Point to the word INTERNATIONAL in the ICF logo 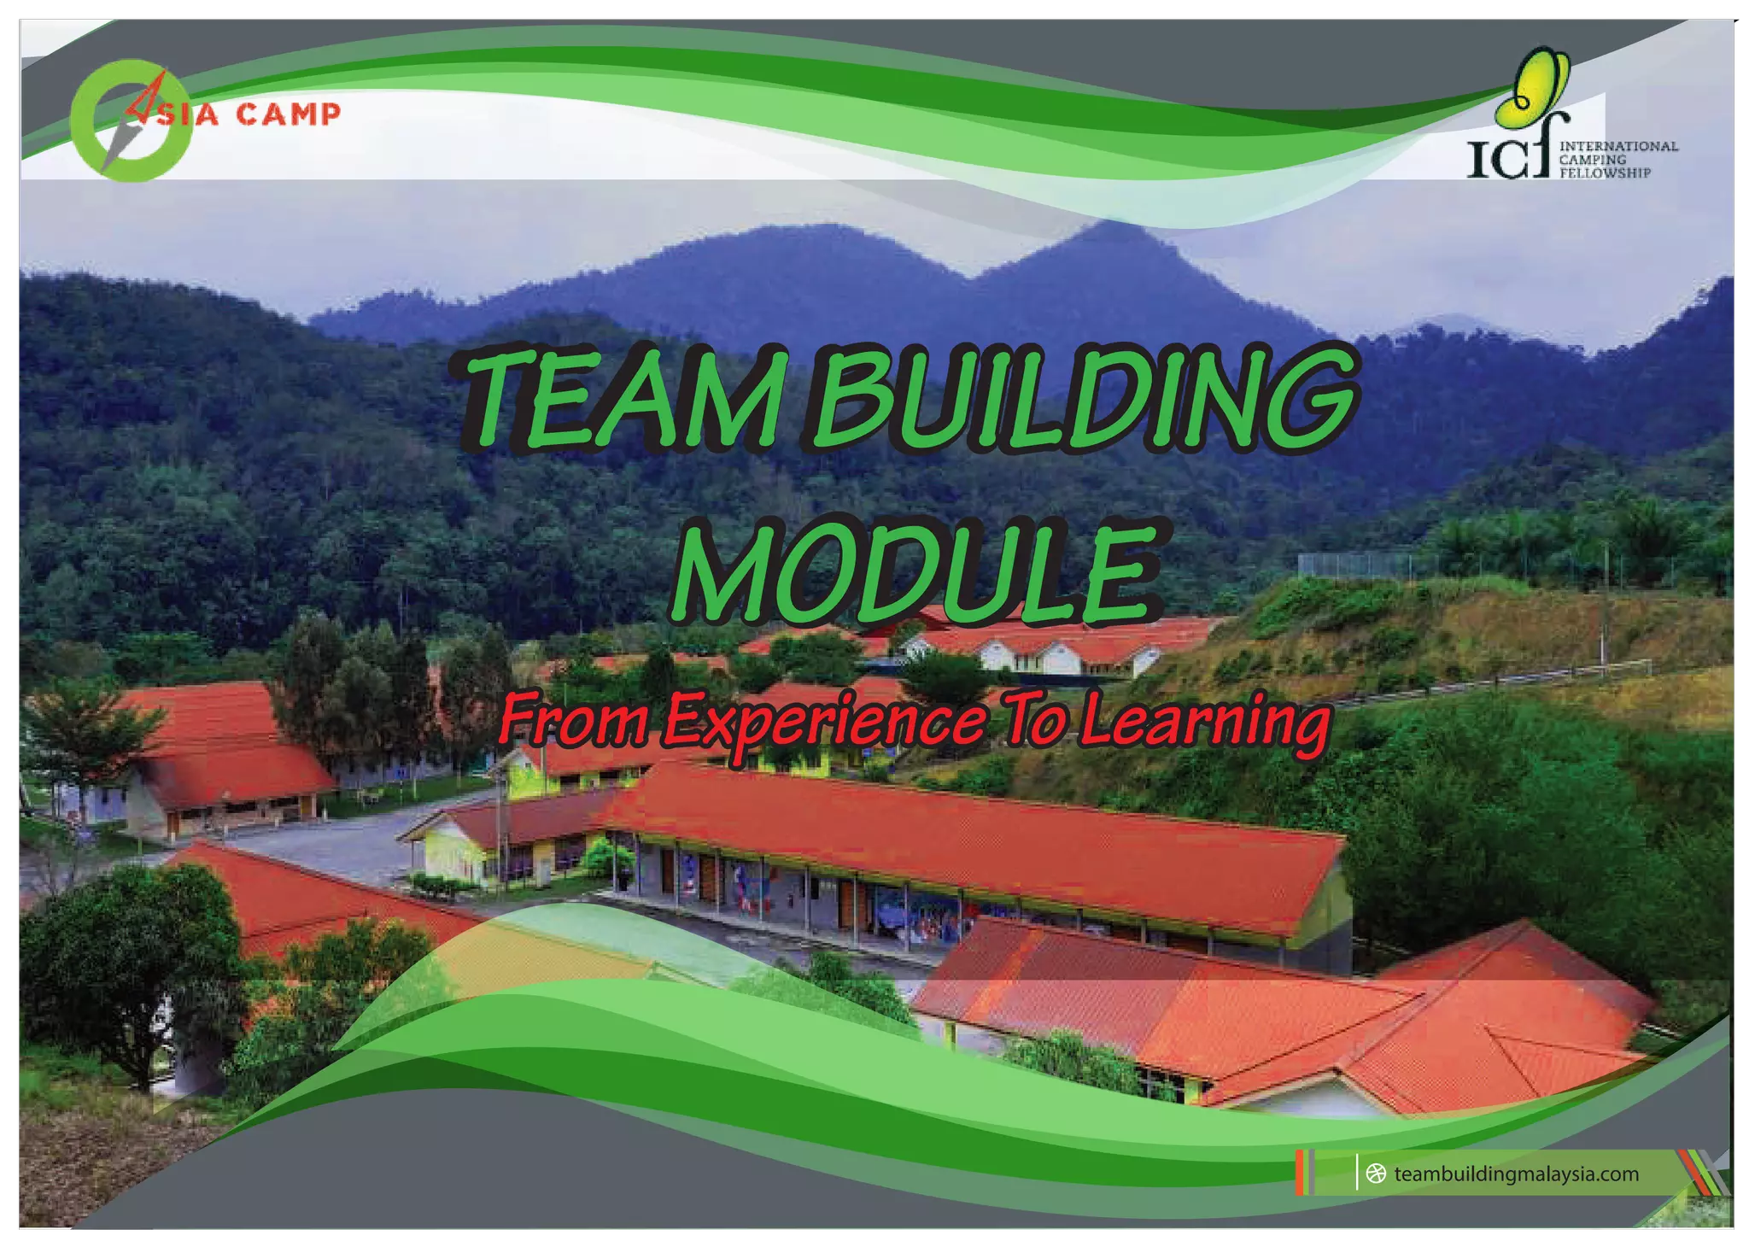[x=1618, y=146]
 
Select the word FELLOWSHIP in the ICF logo [x=1605, y=173]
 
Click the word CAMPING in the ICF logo [x=1592, y=160]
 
